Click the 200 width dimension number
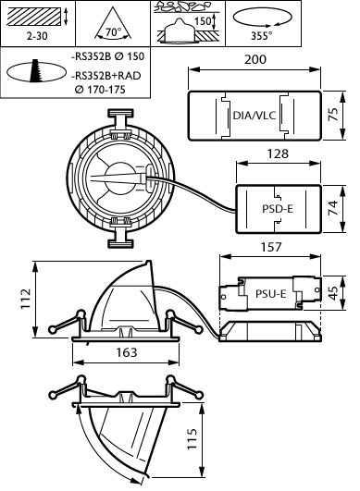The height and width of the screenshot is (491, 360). point(255,59)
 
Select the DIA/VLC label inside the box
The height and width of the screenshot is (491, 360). point(254,116)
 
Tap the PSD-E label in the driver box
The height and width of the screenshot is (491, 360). point(278,209)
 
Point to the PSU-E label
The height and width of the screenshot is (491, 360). point(271,294)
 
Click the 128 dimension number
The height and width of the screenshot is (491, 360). point(278,153)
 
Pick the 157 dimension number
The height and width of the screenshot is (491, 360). point(271,247)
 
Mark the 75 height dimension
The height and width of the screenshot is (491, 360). point(333,115)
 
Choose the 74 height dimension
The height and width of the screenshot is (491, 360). point(333,208)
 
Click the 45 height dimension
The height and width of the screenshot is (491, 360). point(333,293)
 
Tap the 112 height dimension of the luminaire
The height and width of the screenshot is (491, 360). point(26,299)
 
